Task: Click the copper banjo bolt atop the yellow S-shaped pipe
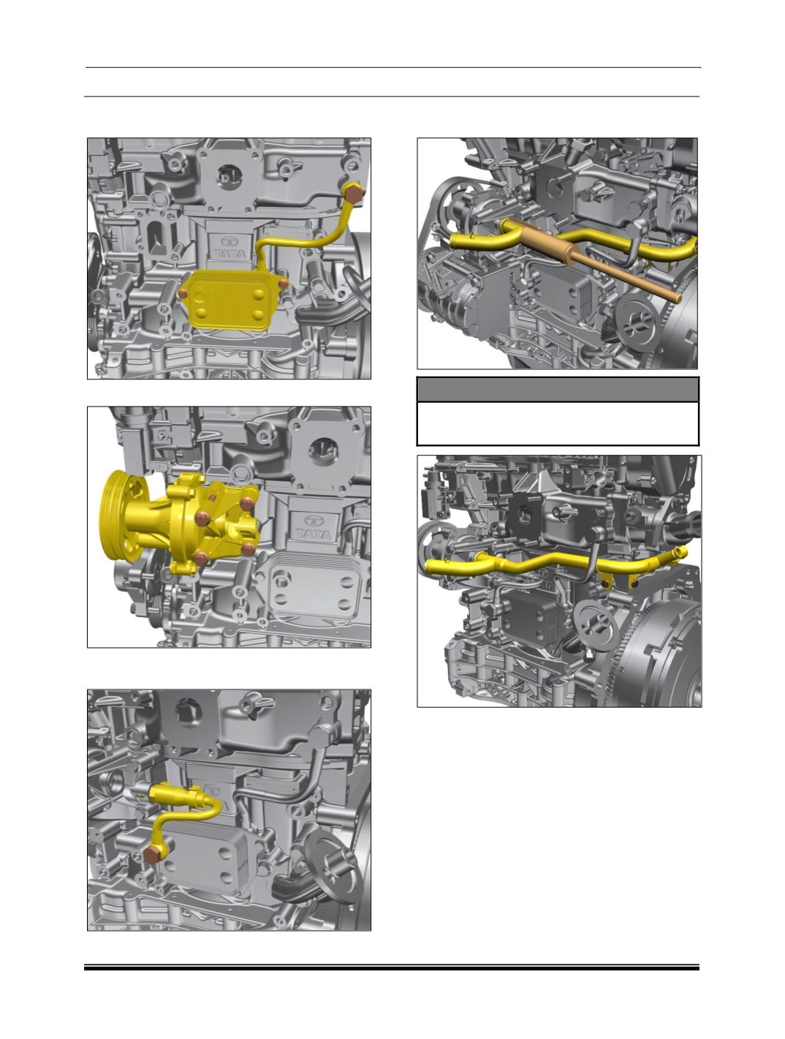click(x=352, y=194)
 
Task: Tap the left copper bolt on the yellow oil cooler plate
click(x=183, y=294)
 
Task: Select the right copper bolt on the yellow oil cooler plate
click(x=283, y=284)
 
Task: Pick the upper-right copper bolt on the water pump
click(x=246, y=504)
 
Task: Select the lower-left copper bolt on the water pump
click(x=200, y=558)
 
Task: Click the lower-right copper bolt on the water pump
click(x=248, y=549)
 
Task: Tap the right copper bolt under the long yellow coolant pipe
click(x=634, y=584)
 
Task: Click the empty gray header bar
click(x=558, y=390)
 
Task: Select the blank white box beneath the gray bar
click(x=558, y=423)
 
